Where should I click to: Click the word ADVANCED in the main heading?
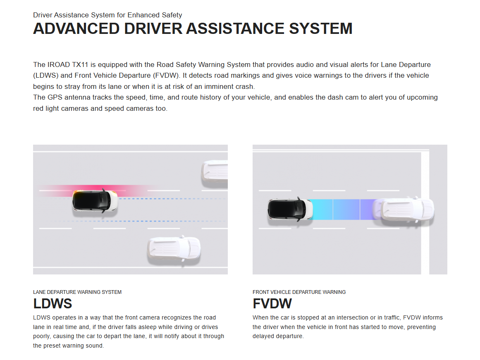point(76,29)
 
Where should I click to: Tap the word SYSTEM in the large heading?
point(321,29)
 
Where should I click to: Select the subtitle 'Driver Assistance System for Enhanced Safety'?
point(107,15)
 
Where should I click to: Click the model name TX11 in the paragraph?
point(80,64)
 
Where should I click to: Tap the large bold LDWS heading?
point(53,304)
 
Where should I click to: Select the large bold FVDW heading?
point(272,304)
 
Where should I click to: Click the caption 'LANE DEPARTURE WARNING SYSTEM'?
point(77,292)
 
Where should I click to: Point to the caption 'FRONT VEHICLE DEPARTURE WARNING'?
point(299,292)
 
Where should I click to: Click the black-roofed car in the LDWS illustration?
point(95,201)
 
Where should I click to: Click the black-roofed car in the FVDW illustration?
point(290,209)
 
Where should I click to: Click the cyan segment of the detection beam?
point(321,210)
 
